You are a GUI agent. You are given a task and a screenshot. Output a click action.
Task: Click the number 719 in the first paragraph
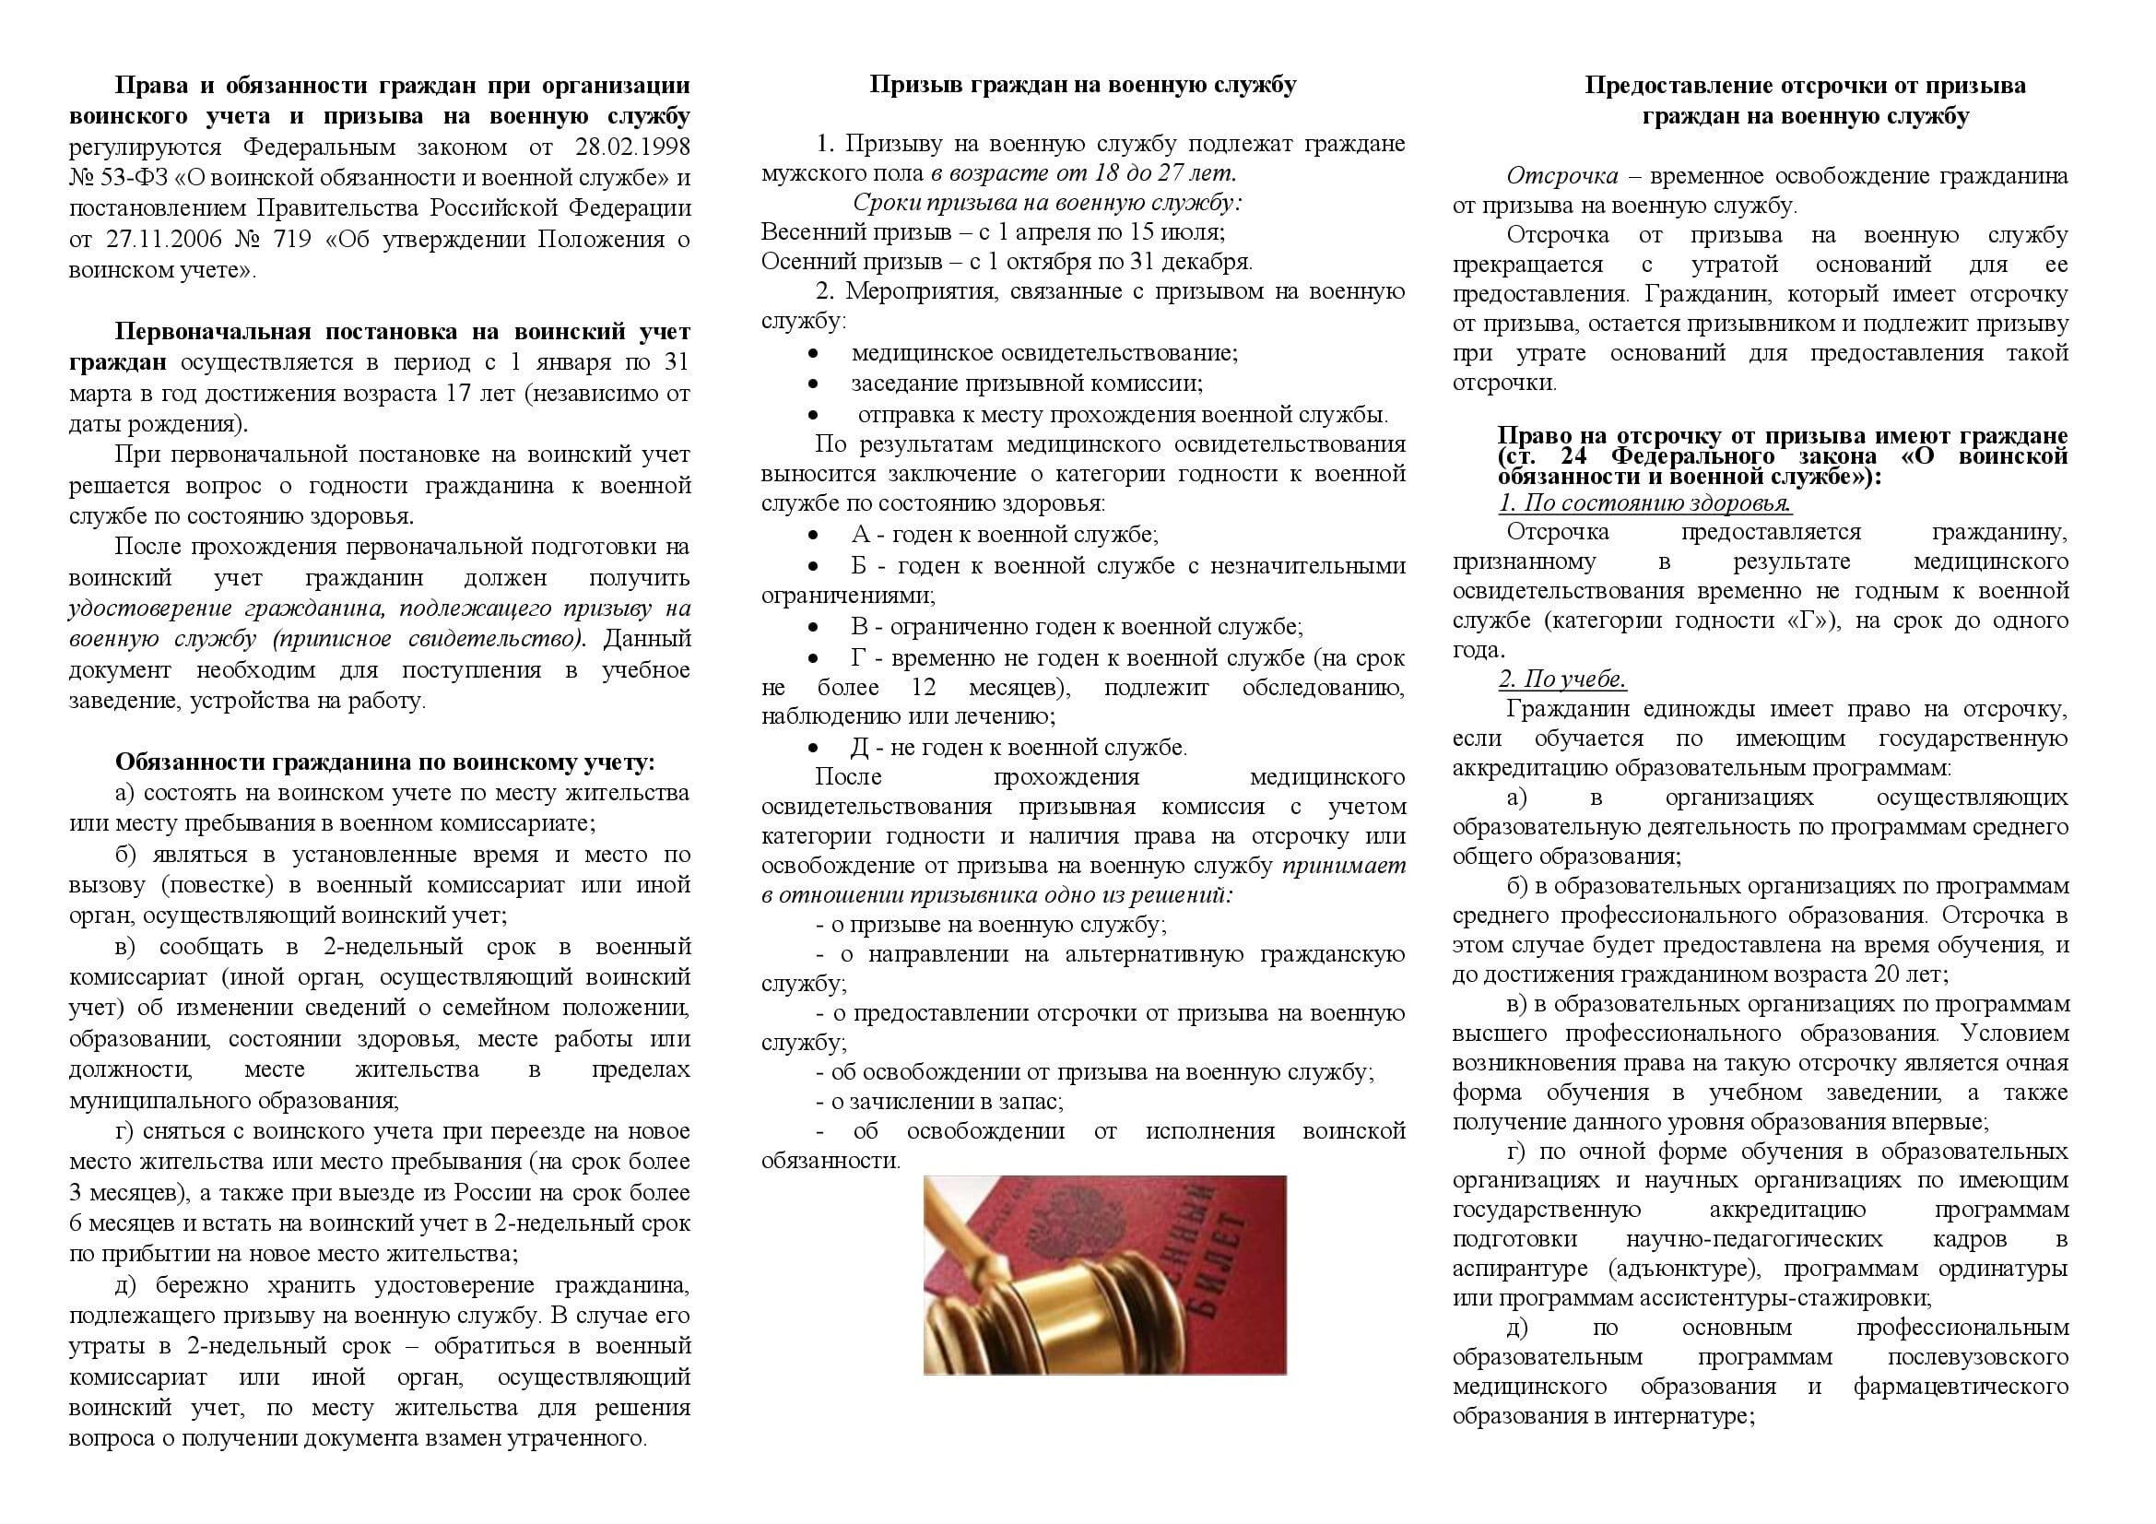293,240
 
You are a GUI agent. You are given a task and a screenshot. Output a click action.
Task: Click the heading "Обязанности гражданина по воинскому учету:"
385,762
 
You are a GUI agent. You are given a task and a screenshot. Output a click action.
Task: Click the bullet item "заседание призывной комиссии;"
1027,384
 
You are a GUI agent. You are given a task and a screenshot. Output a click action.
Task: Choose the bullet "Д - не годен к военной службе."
1019,748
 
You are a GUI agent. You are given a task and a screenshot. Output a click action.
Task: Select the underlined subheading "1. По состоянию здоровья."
1644,503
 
